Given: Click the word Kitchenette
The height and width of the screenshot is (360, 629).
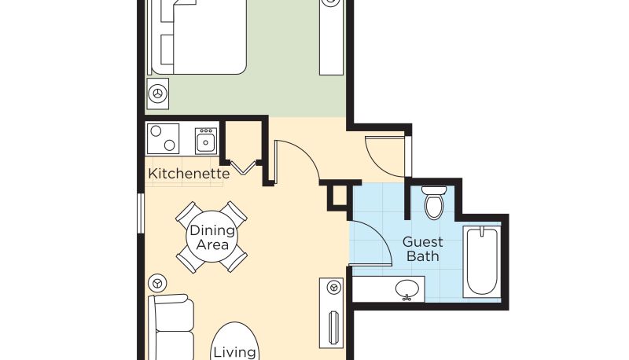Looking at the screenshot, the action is point(189,174).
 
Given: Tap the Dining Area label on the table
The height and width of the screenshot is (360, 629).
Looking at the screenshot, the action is point(212,237).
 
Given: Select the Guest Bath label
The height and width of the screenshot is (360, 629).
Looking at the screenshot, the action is point(422,249).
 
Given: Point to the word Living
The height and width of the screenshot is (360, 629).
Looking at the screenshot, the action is point(234,352).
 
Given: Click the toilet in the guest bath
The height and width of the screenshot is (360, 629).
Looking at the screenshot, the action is point(434,203).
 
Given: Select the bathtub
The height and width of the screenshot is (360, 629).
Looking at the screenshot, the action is point(481,262).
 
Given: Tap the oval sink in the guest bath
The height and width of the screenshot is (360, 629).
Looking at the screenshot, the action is point(407,288).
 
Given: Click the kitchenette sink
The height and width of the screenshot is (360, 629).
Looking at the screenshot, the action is point(206,141).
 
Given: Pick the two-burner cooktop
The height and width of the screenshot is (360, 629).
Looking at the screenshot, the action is point(163,138).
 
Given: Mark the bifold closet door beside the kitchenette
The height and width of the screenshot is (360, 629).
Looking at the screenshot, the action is point(243,167).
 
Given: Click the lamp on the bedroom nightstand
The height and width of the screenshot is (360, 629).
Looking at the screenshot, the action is point(158,94).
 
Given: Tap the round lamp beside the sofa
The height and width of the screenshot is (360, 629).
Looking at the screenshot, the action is point(157,283).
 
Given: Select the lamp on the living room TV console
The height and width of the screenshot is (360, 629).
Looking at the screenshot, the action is point(333,287).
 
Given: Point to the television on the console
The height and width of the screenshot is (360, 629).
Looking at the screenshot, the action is point(332,328).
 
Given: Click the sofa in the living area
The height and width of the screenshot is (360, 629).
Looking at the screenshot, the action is point(171,327).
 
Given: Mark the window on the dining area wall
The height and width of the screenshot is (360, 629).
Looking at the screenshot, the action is point(141,213).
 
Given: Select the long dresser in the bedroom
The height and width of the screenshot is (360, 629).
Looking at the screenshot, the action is point(331,38).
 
